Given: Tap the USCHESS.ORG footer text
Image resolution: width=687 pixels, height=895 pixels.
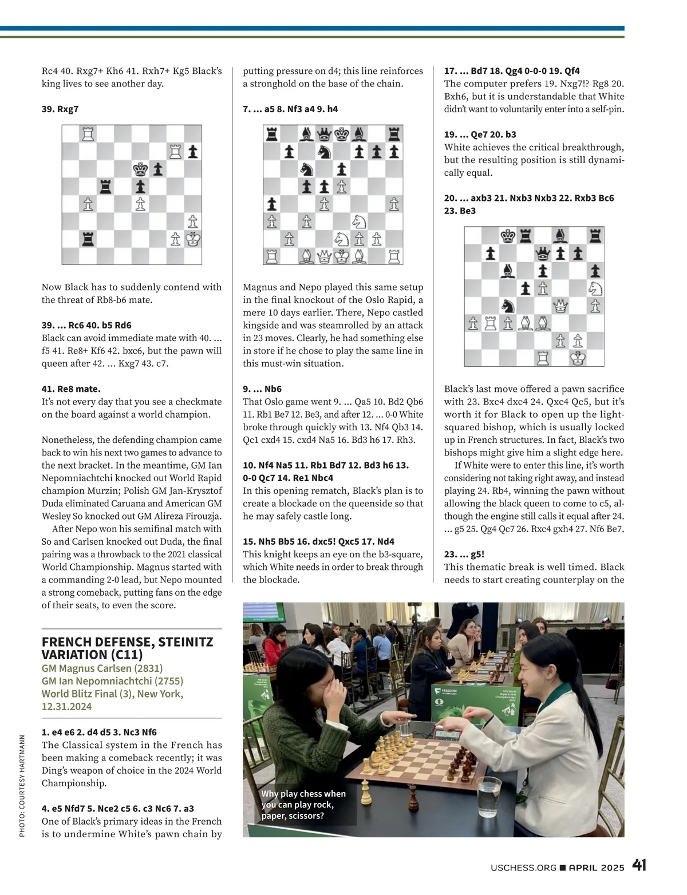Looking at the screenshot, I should [x=523, y=868].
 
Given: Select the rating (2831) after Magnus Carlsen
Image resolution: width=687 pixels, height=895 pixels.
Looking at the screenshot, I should [x=148, y=668].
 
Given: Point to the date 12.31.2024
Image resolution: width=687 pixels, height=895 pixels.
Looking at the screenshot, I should [x=66, y=706].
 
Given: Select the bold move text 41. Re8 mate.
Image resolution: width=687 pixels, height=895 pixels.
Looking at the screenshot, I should [x=71, y=389].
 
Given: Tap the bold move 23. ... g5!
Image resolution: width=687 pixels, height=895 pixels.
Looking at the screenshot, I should [x=464, y=554].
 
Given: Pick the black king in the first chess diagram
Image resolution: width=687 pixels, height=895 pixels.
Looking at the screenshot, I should [x=140, y=169].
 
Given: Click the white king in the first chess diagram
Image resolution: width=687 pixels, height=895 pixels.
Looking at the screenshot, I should [x=193, y=239].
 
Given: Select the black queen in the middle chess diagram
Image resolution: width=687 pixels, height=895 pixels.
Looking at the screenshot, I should [x=324, y=134].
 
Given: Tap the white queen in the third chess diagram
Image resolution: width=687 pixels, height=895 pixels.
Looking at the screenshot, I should [x=560, y=306].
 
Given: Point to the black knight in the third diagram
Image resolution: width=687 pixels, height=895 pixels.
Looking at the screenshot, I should [x=508, y=306].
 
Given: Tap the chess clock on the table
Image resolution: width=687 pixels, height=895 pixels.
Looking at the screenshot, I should [x=448, y=734].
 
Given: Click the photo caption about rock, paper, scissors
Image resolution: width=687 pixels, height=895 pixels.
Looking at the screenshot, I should [x=303, y=805].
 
